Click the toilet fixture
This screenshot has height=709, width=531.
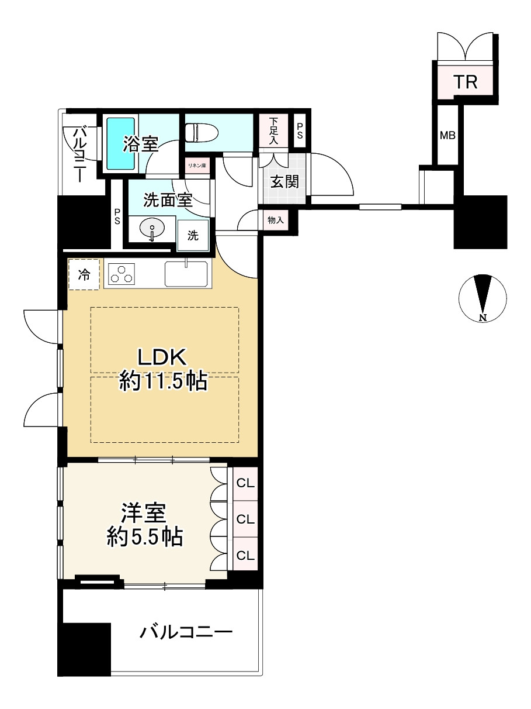202,133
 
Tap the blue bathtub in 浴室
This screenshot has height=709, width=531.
120,143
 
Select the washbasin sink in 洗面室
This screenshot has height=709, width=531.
152,228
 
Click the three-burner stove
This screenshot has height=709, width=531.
122,274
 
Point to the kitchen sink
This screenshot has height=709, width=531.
186,274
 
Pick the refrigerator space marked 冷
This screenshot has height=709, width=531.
84,274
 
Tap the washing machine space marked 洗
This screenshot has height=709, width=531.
193,236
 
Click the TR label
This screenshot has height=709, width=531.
466,81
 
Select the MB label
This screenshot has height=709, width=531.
448,135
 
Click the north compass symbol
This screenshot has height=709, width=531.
483,298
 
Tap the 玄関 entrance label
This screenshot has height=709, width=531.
284,182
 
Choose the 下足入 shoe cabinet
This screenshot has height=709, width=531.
274,131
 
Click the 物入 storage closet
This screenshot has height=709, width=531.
276,221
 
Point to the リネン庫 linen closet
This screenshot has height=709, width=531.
197,166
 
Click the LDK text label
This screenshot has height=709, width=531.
162,357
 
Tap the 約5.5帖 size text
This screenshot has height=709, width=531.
145,536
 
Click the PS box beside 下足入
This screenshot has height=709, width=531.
300,131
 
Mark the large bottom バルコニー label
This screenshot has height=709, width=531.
186,631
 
